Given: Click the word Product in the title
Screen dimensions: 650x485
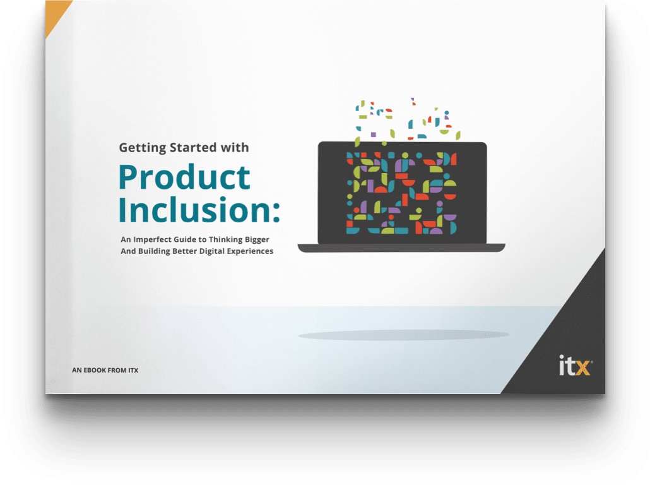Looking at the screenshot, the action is [184, 177].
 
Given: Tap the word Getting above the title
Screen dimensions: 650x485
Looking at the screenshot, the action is [142, 148].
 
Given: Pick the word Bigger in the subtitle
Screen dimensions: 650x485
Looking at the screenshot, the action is [257, 240].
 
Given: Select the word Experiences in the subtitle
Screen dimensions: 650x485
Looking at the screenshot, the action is [253, 251].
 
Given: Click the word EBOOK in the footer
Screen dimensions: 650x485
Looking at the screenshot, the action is [95, 370].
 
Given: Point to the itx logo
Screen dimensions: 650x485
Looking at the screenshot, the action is [575, 365].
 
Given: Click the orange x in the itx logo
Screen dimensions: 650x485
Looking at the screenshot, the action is [583, 368].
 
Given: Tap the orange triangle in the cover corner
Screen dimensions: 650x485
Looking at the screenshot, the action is [55, 14].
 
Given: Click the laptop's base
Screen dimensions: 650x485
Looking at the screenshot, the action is [401, 248].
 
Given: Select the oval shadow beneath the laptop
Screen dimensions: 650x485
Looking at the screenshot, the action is [403, 335].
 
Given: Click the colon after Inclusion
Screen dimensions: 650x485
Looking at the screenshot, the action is [276, 211].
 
